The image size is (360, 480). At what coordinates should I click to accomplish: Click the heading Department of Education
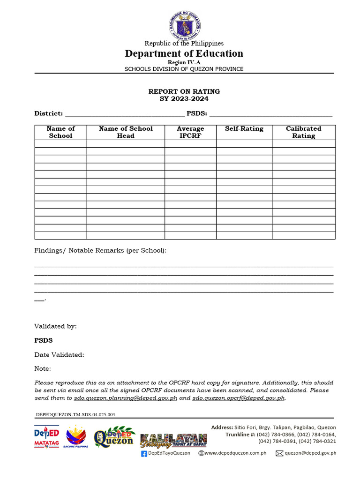tap(184, 53)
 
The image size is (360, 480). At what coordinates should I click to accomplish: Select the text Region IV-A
tap(184, 62)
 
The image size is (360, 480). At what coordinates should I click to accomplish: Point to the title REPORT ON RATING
tap(184, 91)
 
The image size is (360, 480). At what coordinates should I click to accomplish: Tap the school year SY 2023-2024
tap(184, 98)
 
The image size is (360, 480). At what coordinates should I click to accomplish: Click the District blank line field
tap(124, 114)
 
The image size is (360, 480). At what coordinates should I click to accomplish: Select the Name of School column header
tap(60, 132)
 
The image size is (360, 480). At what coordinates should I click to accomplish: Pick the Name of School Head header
tap(126, 132)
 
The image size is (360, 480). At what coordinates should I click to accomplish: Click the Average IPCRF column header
tap(190, 132)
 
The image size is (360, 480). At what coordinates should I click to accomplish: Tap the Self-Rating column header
tap(244, 129)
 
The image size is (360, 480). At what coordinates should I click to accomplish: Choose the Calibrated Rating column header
tap(303, 132)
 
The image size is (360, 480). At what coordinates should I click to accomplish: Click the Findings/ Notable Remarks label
tap(100, 251)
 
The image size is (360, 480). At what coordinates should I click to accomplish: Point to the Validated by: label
tap(55, 326)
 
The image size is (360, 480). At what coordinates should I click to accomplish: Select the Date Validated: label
tap(59, 355)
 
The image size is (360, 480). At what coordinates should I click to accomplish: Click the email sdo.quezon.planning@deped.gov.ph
tap(126, 398)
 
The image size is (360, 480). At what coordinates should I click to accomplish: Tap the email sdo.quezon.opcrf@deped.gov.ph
tap(239, 398)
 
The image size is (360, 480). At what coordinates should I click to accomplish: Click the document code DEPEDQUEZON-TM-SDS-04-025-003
tap(75, 415)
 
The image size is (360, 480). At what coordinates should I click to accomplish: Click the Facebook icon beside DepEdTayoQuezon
tap(144, 453)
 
